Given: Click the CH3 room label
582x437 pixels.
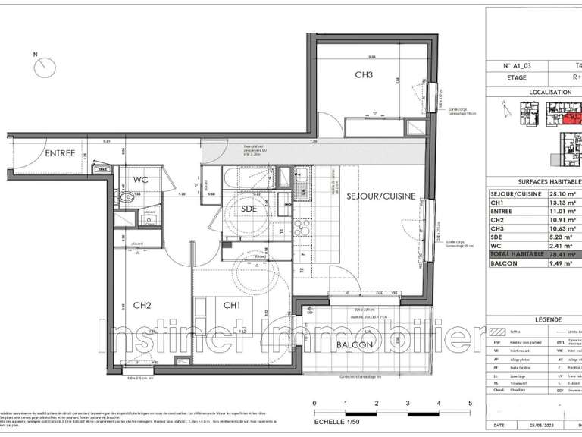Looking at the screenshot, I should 365,75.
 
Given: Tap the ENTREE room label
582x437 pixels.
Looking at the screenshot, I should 59,153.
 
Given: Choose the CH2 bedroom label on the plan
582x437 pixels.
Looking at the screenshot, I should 142,306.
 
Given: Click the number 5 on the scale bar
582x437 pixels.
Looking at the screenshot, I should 470,403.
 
